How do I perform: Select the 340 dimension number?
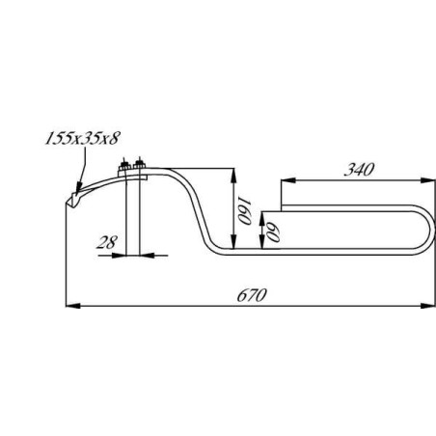[x=359, y=169]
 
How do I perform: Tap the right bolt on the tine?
[x=140, y=169]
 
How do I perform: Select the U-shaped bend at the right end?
[x=424, y=231]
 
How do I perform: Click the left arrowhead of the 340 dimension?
[x=284, y=181]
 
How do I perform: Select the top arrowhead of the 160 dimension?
[x=233, y=171]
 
